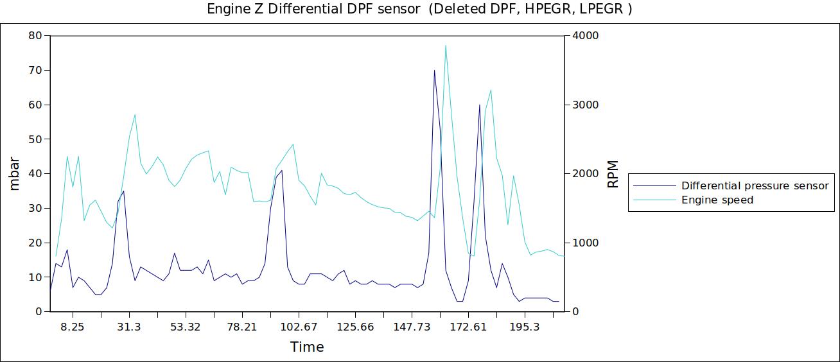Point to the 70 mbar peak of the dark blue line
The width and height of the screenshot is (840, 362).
pos(434,71)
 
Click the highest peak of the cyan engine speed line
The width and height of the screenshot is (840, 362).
pos(445,46)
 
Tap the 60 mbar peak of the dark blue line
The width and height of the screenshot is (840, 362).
pos(479,105)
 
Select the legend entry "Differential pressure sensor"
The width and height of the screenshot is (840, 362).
pos(755,186)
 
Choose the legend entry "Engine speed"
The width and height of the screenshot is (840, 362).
pos(717,200)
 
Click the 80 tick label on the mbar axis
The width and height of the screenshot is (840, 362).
pos(35,36)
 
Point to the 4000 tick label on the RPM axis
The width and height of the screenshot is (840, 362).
pos(585,36)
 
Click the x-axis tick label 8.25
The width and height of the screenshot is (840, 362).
pos(73,327)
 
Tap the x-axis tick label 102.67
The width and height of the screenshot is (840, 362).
pos(299,327)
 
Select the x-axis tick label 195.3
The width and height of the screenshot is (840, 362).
pos(525,327)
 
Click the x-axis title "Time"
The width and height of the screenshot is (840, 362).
pos(307,348)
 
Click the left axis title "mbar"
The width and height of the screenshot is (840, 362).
pos(15,174)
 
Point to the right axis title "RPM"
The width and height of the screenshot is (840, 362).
pos(613,174)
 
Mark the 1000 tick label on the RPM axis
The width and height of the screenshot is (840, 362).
pos(585,243)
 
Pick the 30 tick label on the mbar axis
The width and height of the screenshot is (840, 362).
pos(35,209)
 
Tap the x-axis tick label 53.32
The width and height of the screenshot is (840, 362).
pos(186,327)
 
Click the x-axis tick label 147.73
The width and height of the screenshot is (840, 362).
pos(412,327)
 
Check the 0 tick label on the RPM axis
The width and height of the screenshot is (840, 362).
pos(576,312)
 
